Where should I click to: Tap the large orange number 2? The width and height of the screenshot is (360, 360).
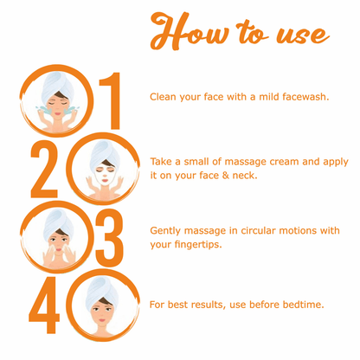[x=44, y=169]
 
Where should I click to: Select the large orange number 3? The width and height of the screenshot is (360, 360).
[x=110, y=238]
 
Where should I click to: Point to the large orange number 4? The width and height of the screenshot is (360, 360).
[x=44, y=305]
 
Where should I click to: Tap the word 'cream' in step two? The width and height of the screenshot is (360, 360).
[x=284, y=162]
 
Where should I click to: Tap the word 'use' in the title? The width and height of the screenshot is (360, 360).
[x=302, y=35]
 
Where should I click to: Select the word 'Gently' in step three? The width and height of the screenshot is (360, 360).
[x=165, y=231]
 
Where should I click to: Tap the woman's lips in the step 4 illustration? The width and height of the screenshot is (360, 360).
[x=101, y=320]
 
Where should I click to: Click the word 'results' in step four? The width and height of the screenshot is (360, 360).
[x=209, y=305]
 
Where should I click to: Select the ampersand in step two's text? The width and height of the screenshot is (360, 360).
[x=225, y=175]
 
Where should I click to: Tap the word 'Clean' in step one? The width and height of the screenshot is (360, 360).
[x=163, y=97]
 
